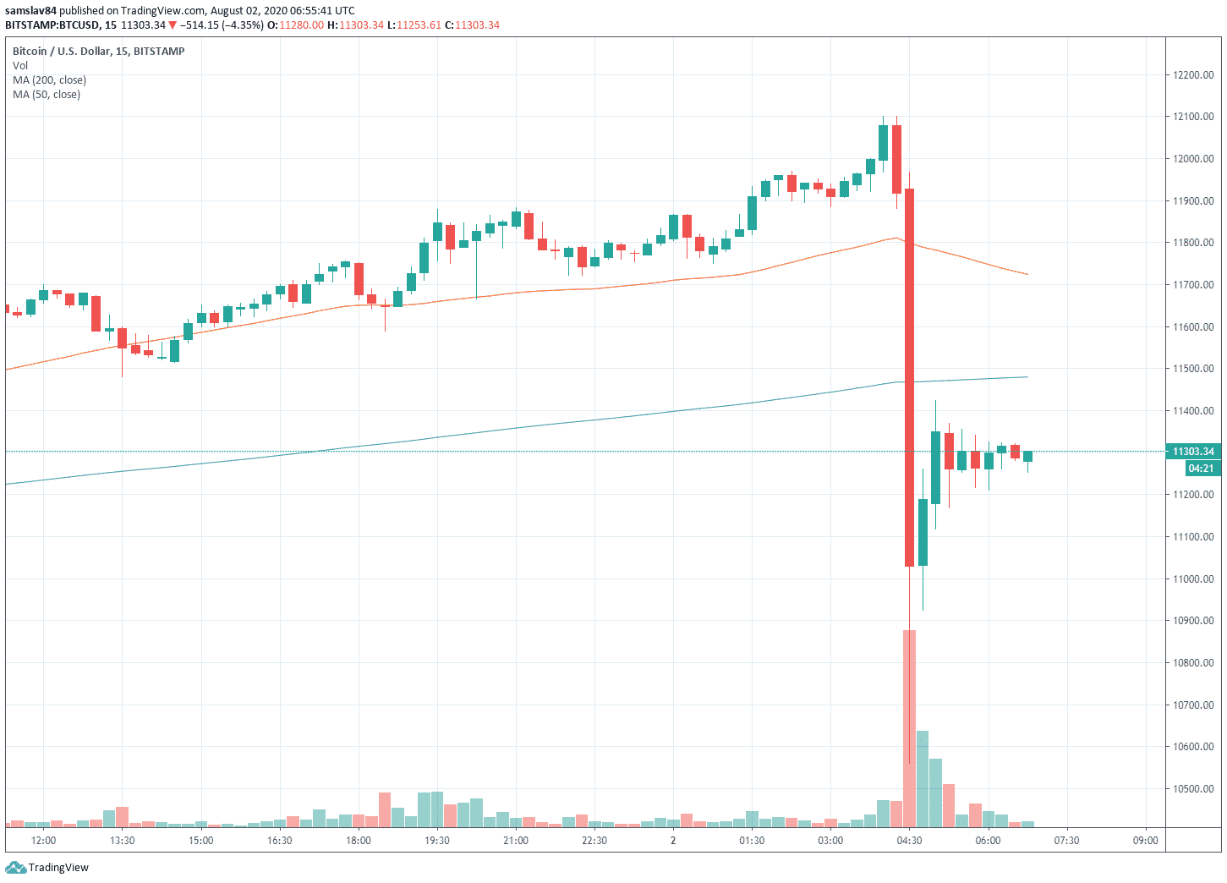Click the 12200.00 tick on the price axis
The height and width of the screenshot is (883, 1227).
click(1193, 75)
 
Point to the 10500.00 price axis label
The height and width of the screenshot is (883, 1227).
click(1193, 789)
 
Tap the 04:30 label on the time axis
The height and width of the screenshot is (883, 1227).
click(909, 841)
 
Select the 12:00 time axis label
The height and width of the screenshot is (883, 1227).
click(43, 841)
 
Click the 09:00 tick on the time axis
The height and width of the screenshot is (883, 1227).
click(1145, 841)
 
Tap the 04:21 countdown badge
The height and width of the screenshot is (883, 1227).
click(1201, 469)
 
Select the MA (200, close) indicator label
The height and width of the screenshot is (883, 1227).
click(49, 80)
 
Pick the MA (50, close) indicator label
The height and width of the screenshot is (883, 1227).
click(47, 95)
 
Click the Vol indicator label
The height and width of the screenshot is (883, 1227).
click(20, 66)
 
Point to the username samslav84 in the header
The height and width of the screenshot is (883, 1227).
click(30, 11)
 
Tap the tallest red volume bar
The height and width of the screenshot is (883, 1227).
click(909, 727)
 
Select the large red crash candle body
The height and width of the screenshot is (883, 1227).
click(909, 376)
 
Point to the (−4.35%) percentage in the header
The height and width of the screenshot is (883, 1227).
click(243, 25)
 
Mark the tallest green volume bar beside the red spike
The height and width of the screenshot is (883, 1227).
click(923, 778)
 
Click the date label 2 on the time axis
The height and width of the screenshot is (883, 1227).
click(673, 841)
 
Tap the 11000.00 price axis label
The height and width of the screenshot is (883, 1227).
click(1193, 579)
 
